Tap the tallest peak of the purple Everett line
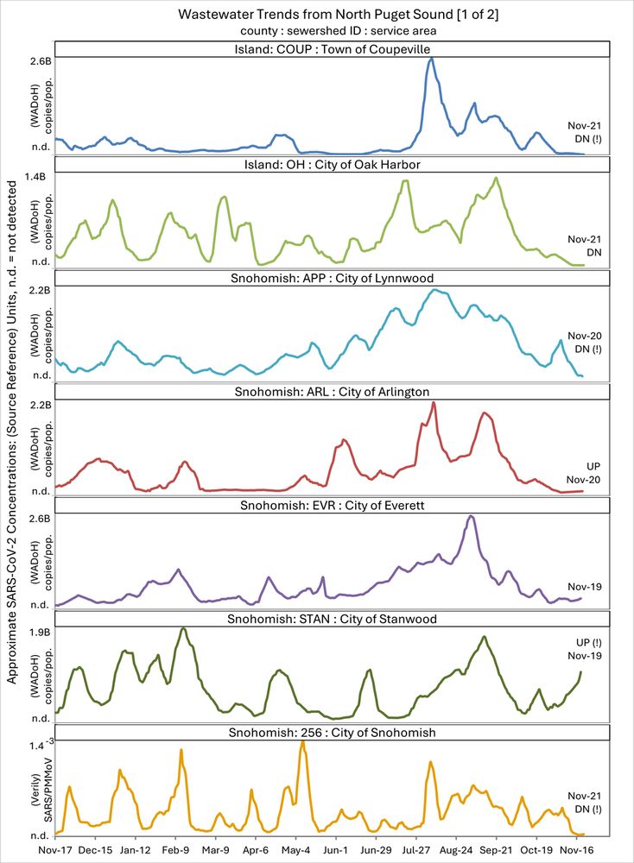[x=471, y=516]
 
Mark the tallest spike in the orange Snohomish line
[x=302, y=741]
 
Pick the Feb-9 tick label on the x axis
[x=175, y=848]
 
